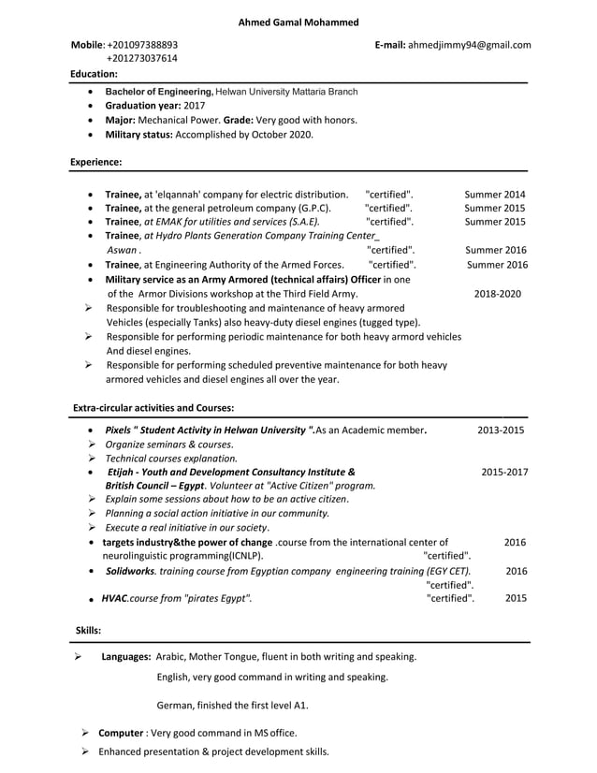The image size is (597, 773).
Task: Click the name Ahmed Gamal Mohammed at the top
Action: pyautogui.click(x=298, y=22)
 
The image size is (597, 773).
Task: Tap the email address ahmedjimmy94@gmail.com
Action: pyautogui.click(x=469, y=44)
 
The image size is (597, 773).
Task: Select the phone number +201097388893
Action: pyautogui.click(x=142, y=44)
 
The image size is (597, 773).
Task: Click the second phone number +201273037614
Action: pyautogui.click(x=142, y=58)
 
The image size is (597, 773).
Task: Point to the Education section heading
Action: pyautogui.click(x=94, y=73)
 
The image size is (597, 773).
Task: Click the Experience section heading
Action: pyautogui.click(x=95, y=162)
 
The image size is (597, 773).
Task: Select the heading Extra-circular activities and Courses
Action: pyautogui.click(x=153, y=408)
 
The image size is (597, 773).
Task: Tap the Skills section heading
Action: pyautogui.click(x=88, y=631)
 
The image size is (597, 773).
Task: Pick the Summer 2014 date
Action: pyautogui.click(x=495, y=195)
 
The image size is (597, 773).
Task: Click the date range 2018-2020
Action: pyautogui.click(x=498, y=293)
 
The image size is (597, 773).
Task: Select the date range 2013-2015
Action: pyautogui.click(x=501, y=430)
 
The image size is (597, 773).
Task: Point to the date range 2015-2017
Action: pyautogui.click(x=504, y=473)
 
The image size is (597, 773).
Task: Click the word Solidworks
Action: pyautogui.click(x=130, y=571)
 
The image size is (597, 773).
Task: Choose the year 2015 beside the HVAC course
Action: pyautogui.click(x=516, y=598)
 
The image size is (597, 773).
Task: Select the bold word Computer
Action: pyautogui.click(x=121, y=733)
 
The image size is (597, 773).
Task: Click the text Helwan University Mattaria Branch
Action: pyautogui.click(x=286, y=92)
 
